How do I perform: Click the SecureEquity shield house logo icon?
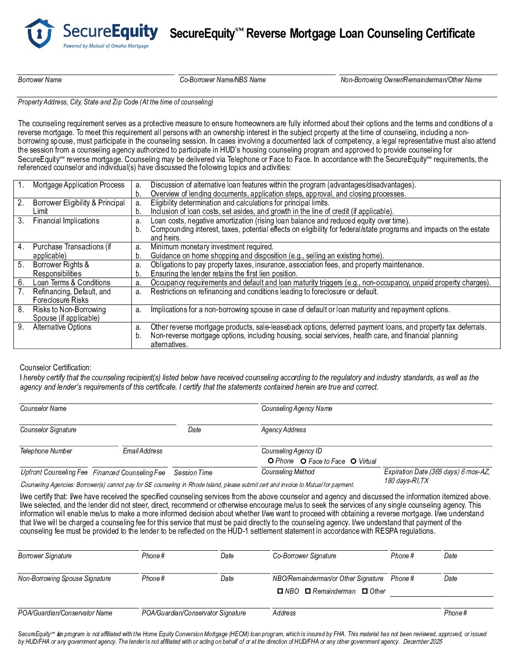pyautogui.click(x=39, y=33)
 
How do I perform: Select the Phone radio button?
pyautogui.click(x=271, y=460)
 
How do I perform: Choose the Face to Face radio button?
pyautogui.click(x=303, y=461)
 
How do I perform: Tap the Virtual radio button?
pyautogui.click(x=353, y=461)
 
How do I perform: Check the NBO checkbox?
pyautogui.click(x=280, y=591)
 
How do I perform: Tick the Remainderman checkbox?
pyautogui.click(x=308, y=591)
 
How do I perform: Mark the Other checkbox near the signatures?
pyautogui.click(x=365, y=591)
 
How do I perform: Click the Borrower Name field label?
pyautogui.click(x=40, y=80)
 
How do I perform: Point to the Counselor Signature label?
pyautogui.click(x=48, y=430)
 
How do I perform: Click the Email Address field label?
pyautogui.click(x=142, y=451)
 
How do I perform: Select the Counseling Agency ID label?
pyautogui.click(x=291, y=451)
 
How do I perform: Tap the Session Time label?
pyautogui.click(x=193, y=472)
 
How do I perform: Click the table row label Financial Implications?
pyautogui.click(x=66, y=221)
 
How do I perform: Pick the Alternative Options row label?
pyautogui.click(x=62, y=327)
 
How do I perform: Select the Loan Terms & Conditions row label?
pyautogui.click(x=71, y=282)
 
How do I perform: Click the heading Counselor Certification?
pyautogui.click(x=55, y=367)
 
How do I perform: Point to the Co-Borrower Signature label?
pyautogui.click(x=304, y=556)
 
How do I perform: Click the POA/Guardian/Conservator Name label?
pyautogui.click(x=65, y=613)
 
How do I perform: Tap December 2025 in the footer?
pyautogui.click(x=422, y=641)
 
